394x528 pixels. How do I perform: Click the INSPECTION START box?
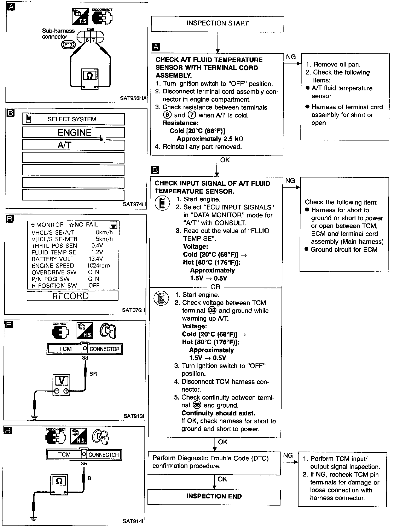click(x=218, y=24)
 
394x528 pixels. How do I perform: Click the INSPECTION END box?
click(x=214, y=496)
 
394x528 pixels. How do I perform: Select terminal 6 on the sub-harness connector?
click(x=87, y=40)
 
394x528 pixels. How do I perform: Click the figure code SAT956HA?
click(x=133, y=98)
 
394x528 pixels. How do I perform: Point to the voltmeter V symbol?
click(x=62, y=381)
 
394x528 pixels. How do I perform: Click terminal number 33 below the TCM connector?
click(x=85, y=358)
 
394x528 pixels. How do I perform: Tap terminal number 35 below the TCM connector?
click(x=84, y=464)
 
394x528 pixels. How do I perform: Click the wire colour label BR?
click(x=93, y=374)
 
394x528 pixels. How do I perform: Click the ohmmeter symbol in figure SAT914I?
click(x=59, y=481)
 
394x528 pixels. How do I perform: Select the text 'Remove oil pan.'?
click(x=337, y=64)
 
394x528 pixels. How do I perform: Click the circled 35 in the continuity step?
click(x=197, y=405)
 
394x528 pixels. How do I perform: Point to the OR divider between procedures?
click(x=215, y=287)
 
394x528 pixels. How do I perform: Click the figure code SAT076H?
click(x=134, y=310)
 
